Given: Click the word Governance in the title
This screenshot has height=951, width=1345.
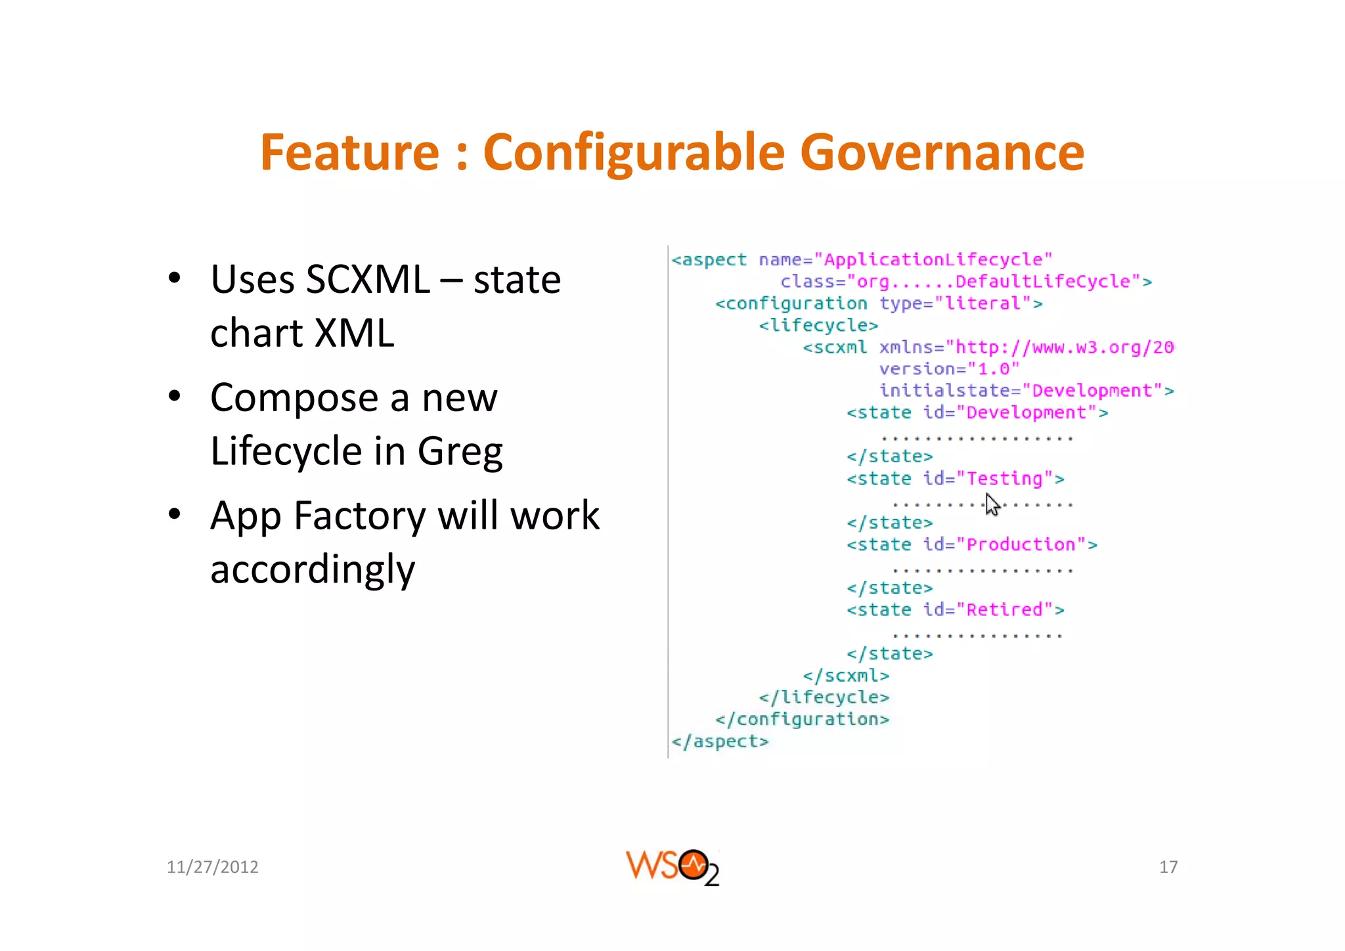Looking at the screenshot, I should (x=942, y=152).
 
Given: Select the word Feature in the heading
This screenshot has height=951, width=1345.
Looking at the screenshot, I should (x=349, y=152).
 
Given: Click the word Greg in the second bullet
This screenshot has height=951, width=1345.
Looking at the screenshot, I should (x=460, y=452).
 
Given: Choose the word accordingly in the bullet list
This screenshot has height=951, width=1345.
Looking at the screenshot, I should (x=313, y=569).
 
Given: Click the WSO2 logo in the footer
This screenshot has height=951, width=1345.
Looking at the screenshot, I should (x=672, y=867).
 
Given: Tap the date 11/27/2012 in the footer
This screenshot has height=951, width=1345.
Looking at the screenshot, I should (x=212, y=867).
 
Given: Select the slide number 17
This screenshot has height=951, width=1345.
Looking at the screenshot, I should (x=1168, y=867).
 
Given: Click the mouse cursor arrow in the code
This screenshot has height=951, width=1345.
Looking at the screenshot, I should (x=992, y=504).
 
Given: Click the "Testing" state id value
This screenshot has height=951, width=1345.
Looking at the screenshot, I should (x=1005, y=479).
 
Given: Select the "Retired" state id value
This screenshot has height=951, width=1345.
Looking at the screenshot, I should (x=1005, y=610).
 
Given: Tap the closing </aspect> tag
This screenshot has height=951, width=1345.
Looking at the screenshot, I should (x=720, y=741).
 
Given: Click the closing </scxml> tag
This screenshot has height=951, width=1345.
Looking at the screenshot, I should (x=846, y=676).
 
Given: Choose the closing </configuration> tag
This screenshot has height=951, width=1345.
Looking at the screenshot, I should (x=802, y=719).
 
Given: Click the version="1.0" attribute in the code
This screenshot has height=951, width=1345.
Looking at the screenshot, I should (x=949, y=369).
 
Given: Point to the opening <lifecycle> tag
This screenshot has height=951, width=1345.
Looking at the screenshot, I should (x=818, y=325).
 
